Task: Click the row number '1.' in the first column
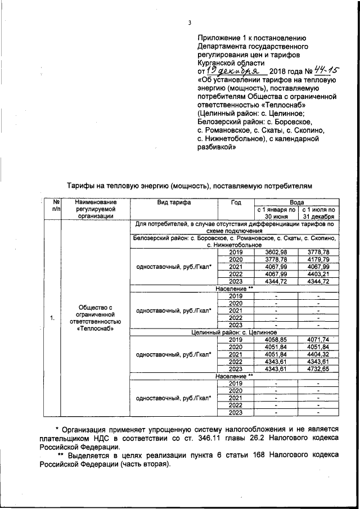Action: click(52, 319)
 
